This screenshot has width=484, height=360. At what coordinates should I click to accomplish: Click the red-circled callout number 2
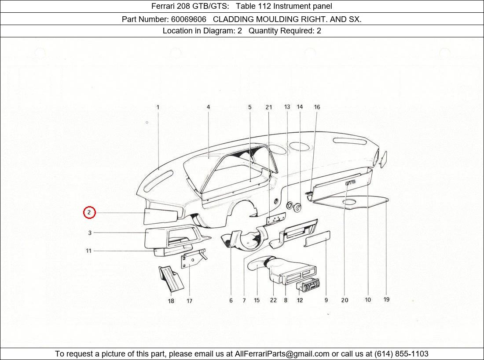click(89, 213)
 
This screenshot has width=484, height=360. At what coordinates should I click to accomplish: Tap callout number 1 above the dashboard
click(158, 107)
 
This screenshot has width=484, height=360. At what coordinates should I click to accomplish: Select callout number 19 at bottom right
click(386, 300)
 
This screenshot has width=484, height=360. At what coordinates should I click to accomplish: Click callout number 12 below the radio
click(300, 301)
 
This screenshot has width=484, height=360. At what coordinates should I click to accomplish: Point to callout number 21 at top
click(268, 107)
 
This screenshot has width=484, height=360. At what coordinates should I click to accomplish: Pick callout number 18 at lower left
click(171, 301)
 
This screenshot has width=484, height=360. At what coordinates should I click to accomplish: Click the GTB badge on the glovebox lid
click(351, 182)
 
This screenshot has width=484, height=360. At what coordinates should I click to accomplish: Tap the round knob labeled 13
click(290, 205)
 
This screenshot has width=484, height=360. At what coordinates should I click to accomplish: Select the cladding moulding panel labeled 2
click(161, 215)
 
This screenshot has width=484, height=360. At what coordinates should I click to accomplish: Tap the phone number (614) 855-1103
click(401, 354)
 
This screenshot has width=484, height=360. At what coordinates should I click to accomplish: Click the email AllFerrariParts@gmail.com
click(282, 354)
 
